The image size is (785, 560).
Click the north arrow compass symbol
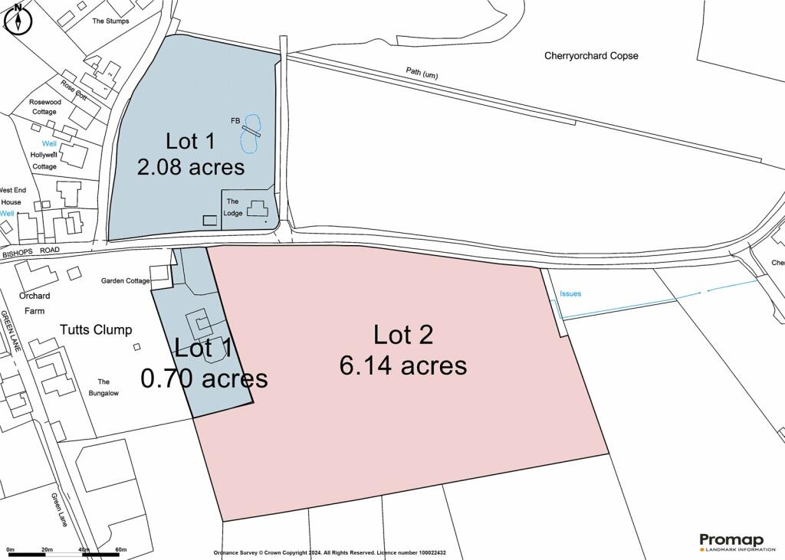coord(18,19)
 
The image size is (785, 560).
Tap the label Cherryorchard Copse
coord(591,56)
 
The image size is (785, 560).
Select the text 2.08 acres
coord(191,167)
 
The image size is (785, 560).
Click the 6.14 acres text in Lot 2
coord(403,365)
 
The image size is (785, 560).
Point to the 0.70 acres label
coord(204,378)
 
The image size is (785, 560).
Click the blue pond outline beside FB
coord(251,133)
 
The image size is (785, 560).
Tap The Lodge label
coord(233,207)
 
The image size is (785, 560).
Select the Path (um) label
coord(422,73)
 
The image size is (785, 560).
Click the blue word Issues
coord(570,293)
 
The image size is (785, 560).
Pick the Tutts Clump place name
coord(96,329)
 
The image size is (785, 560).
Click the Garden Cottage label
coord(125,280)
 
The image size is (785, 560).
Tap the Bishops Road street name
coord(31,252)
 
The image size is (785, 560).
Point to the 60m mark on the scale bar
coord(120,549)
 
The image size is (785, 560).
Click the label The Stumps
coord(110,21)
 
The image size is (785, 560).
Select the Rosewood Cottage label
coord(45,106)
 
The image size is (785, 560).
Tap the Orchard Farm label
coord(34,303)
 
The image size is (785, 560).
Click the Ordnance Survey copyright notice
coord(330,552)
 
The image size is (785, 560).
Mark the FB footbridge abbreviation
coord(235,120)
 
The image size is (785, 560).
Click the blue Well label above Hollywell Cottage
coord(49,143)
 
